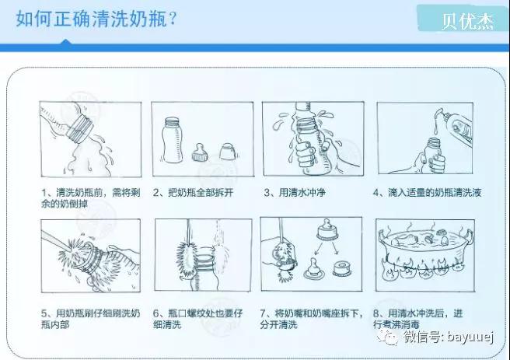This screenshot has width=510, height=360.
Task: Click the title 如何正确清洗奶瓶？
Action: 96,19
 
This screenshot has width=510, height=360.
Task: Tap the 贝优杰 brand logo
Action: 468,22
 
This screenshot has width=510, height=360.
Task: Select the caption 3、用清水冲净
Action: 295,193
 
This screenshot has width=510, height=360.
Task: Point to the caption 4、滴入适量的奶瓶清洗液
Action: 427,193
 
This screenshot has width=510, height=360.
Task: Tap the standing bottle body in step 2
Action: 172,140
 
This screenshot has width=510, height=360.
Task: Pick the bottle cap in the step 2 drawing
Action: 227,151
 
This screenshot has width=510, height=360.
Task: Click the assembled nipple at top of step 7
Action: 327,229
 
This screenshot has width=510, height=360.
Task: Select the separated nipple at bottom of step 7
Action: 313,268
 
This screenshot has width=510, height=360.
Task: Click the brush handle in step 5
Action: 54,241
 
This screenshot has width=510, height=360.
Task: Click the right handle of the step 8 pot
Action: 468,235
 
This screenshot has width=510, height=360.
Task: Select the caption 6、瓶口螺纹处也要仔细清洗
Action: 198,319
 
